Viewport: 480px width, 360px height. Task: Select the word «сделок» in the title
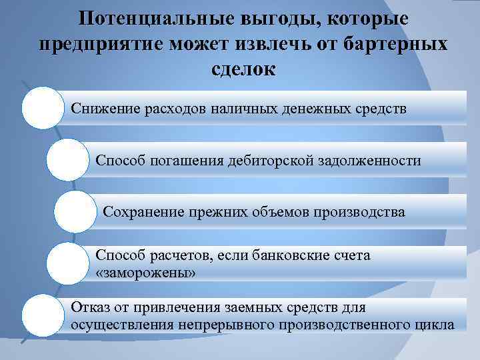coord(241,69)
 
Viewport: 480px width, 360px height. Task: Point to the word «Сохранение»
coord(142,213)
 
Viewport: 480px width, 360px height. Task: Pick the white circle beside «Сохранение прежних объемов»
coord(75,212)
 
